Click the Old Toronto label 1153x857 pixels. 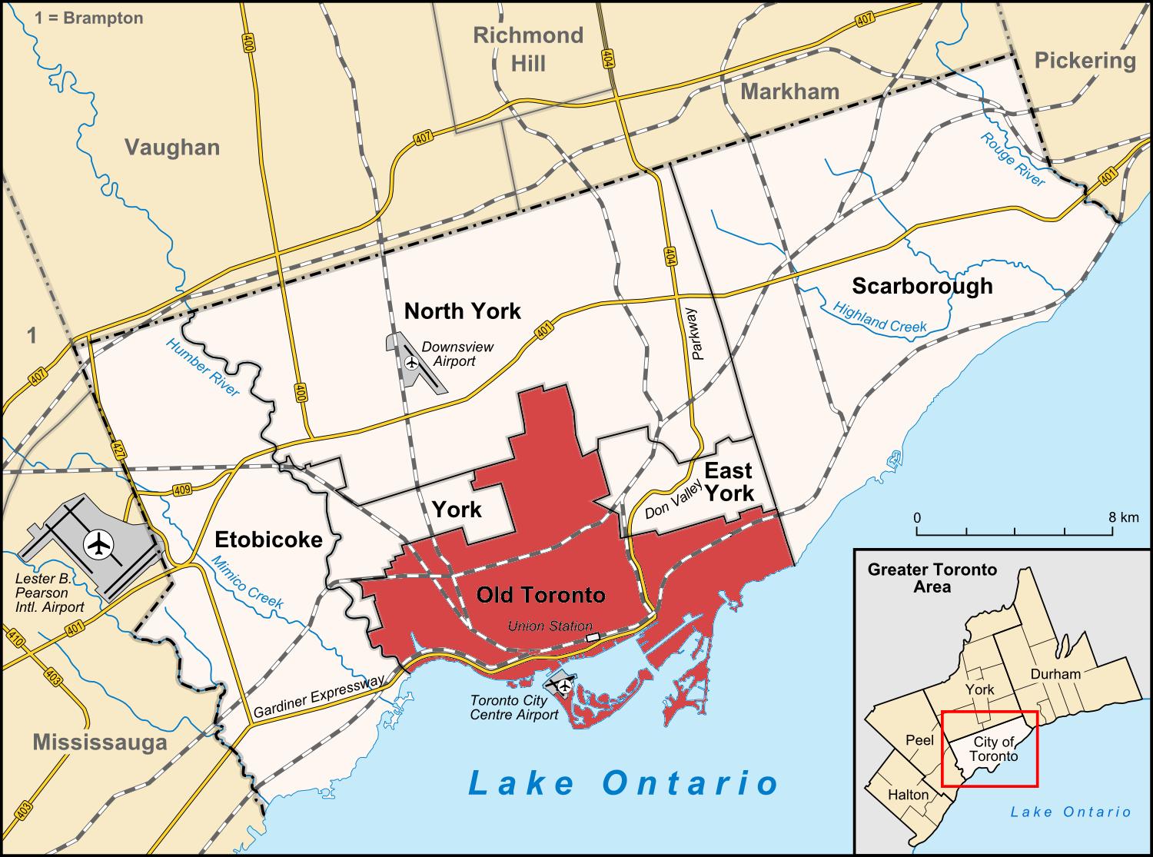click(540, 594)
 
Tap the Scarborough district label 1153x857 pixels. click(922, 286)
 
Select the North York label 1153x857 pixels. click(463, 311)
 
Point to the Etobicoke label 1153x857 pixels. click(268, 539)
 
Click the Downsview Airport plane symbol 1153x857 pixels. click(411, 362)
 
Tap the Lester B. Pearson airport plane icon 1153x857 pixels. click(99, 543)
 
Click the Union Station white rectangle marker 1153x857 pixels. click(592, 637)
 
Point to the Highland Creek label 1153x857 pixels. click(880, 316)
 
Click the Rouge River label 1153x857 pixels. click(1012, 159)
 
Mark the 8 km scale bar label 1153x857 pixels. click(1124, 517)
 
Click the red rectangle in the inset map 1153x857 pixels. click(989, 748)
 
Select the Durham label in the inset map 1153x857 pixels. click(1055, 674)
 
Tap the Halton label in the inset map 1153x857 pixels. click(908, 794)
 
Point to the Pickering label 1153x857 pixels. click(1085, 60)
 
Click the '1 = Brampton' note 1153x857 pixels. click(88, 18)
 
